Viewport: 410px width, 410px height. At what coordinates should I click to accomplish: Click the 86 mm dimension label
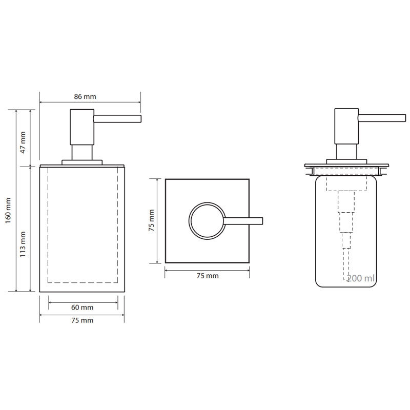[x=85, y=96]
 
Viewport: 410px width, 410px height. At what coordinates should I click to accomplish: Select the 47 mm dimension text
[x=23, y=142]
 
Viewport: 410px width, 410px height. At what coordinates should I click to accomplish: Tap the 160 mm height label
[x=8, y=210]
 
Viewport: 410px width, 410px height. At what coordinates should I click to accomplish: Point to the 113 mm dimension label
[x=23, y=244]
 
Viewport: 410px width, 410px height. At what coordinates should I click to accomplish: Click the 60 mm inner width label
[x=82, y=307]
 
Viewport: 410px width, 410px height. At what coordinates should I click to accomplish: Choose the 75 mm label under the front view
[x=82, y=320]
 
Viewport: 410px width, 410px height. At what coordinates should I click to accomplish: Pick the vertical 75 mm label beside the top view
[x=151, y=220]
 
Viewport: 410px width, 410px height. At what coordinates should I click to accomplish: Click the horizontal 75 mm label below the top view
[x=208, y=276]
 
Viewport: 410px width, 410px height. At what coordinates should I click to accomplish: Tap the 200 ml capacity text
[x=361, y=278]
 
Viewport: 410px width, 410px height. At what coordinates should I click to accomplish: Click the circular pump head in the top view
[x=190, y=221]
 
